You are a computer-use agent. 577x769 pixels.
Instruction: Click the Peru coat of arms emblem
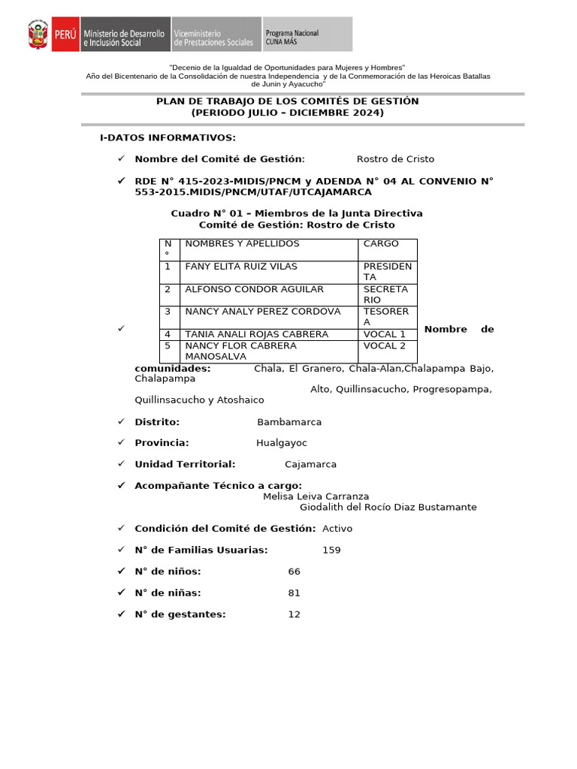[38, 35]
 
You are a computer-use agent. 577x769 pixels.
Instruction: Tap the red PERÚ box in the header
[65, 35]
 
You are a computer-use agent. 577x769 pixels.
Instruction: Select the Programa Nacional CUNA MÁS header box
[307, 35]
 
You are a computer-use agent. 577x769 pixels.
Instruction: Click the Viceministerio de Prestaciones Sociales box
[216, 35]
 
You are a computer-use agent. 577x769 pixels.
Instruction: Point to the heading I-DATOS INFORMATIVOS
[168, 137]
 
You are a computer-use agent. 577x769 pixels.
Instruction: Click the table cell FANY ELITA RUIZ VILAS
[241, 267]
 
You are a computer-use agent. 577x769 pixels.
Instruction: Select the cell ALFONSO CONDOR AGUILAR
[255, 289]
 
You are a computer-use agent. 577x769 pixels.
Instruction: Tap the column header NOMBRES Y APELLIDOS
[242, 243]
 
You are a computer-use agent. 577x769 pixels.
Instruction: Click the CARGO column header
[381, 243]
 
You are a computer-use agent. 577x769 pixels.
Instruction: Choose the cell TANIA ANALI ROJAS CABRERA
[257, 334]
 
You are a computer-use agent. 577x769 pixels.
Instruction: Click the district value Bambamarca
[289, 422]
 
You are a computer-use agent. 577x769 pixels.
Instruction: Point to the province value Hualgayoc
[282, 443]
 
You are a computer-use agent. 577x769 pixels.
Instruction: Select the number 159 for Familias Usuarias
[331, 550]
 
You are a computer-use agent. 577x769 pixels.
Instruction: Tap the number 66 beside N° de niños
[295, 571]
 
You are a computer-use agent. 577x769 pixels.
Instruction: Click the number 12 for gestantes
[294, 614]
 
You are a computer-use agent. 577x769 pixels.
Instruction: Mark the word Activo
[337, 528]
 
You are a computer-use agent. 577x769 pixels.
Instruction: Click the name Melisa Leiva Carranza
[316, 496]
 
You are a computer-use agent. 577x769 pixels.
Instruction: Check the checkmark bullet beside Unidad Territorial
[121, 464]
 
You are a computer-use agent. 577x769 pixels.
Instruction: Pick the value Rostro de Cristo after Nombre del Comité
[395, 159]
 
